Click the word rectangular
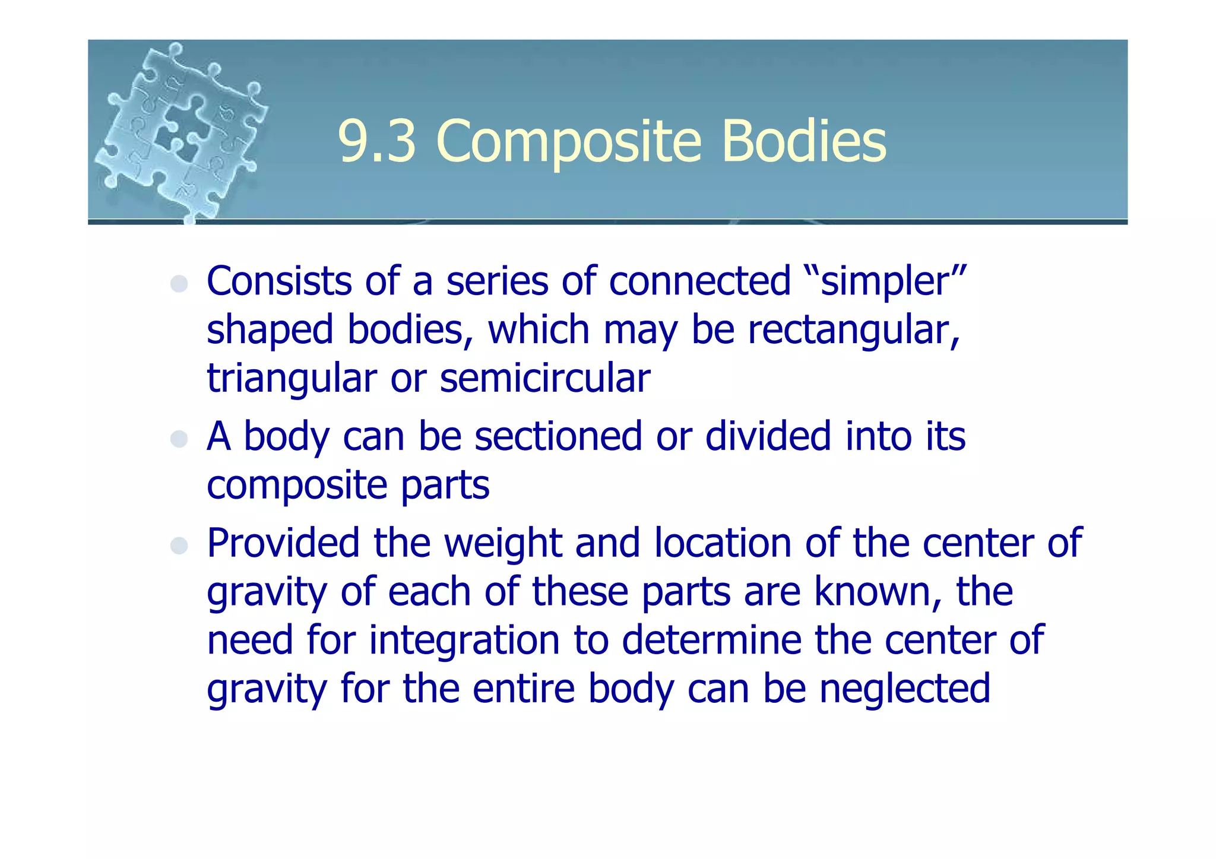tap(853, 330)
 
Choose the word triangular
tap(292, 379)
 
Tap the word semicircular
tap(545, 379)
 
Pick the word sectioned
tap(558, 436)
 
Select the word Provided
tap(283, 543)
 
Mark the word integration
tap(464, 641)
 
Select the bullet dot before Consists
tap(179, 284)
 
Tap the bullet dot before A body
tap(179, 439)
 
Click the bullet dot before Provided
tap(179, 546)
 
